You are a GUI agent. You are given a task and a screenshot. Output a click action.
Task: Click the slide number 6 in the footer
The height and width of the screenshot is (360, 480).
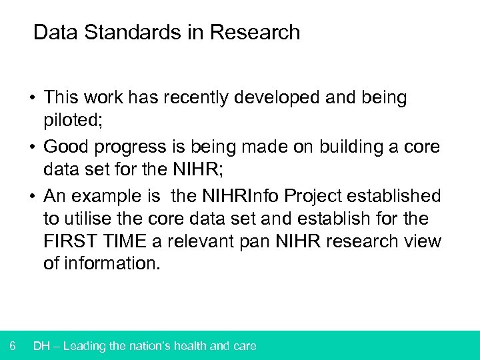(13, 346)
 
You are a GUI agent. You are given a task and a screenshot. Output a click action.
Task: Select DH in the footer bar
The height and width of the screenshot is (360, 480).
(42, 346)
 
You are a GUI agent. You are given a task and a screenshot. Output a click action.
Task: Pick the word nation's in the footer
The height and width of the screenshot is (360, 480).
(159, 346)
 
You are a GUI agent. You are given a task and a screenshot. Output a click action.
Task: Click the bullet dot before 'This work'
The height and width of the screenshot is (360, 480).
(32, 98)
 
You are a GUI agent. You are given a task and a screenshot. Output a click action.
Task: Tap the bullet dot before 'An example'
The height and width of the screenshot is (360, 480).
(32, 197)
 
